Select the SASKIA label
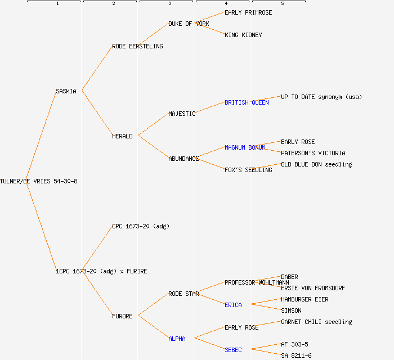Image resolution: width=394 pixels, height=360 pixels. tap(66, 91)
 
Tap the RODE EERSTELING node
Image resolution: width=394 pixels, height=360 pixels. tap(137, 46)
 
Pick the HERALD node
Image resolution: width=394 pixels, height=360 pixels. tap(122, 136)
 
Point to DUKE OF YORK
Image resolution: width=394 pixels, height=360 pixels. tap(189, 24)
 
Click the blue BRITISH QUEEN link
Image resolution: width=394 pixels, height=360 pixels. tap(247, 102)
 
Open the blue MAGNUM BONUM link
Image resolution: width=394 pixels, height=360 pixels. tap(245, 147)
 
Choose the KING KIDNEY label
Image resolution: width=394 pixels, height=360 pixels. tap(243, 35)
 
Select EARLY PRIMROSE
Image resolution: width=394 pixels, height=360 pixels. tap(248, 12)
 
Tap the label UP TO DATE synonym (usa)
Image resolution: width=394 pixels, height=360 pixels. tap(321, 97)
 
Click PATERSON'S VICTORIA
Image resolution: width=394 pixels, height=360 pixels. tap(313, 153)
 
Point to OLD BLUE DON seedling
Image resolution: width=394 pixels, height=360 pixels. tap(316, 164)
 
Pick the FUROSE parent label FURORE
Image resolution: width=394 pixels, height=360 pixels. tap(122, 316)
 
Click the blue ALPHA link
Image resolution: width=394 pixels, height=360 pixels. tap(177, 339)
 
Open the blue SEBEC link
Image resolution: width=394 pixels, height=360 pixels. tap(233, 350)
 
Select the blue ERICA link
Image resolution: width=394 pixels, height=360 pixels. tap(233, 305)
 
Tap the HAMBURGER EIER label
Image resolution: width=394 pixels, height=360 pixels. tap(305, 299)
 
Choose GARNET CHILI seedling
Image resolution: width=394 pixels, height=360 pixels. tap(316, 322)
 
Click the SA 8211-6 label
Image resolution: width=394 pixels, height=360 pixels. tap(296, 355)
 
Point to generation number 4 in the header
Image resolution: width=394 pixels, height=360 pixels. tap(226, 4)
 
